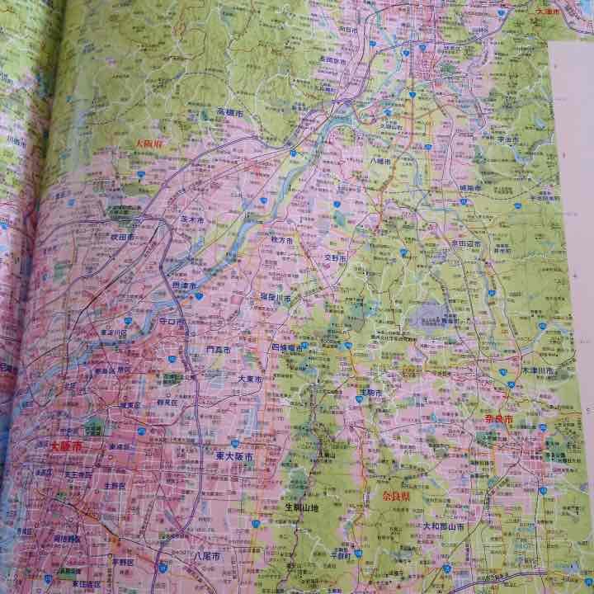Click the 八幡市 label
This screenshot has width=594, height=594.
[384, 163]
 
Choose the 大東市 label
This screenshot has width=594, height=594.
[250, 379]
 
